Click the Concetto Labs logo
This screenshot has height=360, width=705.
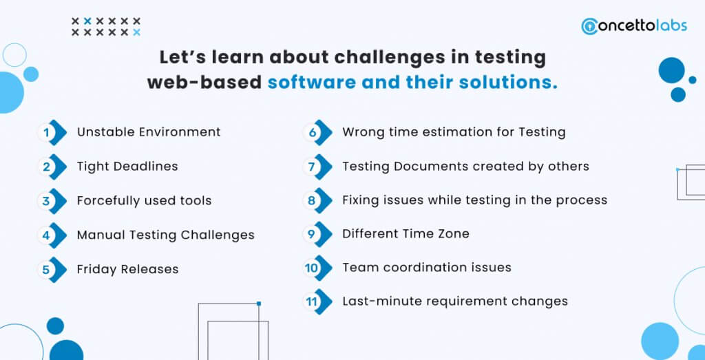(634, 25)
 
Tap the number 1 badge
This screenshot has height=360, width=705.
(52, 133)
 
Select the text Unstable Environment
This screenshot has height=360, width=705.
(149, 132)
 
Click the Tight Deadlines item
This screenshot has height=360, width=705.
(127, 167)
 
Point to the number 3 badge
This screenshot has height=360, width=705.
(52, 201)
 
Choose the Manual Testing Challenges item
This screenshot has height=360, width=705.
(165, 235)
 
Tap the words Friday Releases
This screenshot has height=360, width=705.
(127, 269)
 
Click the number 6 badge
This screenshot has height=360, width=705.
(317, 133)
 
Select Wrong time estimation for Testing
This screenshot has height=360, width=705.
(454, 132)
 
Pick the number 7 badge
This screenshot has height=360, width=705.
(317, 167)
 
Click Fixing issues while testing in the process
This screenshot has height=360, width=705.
(475, 200)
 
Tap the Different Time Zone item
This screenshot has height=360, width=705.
(406, 234)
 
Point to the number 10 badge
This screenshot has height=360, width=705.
(317, 268)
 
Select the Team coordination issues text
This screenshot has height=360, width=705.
(427, 267)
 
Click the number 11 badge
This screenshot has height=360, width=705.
(317, 301)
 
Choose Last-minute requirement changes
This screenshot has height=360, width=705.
(455, 301)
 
